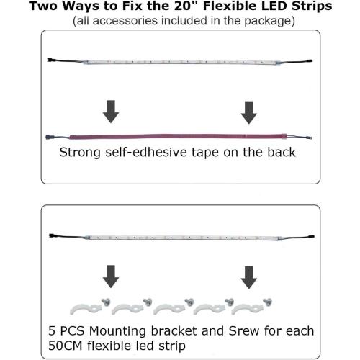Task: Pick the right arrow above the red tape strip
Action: pyautogui.click(x=249, y=112)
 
